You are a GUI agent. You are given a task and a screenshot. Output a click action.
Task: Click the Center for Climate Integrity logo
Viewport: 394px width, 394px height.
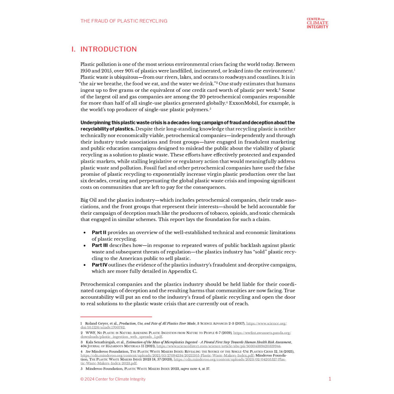(x=317, y=23)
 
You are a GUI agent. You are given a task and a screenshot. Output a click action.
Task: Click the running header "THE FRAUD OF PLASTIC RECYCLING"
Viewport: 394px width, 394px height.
(x=124, y=21)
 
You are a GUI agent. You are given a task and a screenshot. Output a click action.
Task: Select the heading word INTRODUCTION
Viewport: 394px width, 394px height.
(x=109, y=49)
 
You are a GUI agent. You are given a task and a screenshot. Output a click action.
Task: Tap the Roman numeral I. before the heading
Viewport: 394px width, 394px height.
(x=73, y=49)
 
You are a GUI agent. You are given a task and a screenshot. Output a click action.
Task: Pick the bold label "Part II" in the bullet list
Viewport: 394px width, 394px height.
(x=99, y=232)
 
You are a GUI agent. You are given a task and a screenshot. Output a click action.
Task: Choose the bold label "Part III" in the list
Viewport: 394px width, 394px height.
(x=100, y=245)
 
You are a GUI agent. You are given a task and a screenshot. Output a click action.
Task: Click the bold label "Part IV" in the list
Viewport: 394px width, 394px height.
(x=99, y=265)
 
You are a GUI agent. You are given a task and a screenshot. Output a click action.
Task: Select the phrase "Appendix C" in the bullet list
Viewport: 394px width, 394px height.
(x=183, y=271)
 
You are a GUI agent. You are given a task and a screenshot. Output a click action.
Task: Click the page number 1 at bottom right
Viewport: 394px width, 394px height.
(x=330, y=379)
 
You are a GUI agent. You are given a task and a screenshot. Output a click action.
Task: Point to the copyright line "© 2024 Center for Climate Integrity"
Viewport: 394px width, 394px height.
(x=113, y=379)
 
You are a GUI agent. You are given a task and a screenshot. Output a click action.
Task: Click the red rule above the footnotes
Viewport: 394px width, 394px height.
(x=116, y=316)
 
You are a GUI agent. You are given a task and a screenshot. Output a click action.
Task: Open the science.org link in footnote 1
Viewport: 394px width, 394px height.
(x=266, y=323)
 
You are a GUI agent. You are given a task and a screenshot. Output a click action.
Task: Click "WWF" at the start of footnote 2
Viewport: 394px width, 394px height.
(x=91, y=333)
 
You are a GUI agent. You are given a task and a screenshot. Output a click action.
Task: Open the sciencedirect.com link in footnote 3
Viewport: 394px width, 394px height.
(x=218, y=346)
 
